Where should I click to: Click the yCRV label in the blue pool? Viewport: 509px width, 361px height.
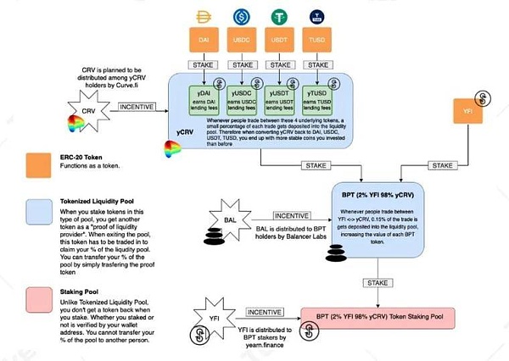click(186, 134)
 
